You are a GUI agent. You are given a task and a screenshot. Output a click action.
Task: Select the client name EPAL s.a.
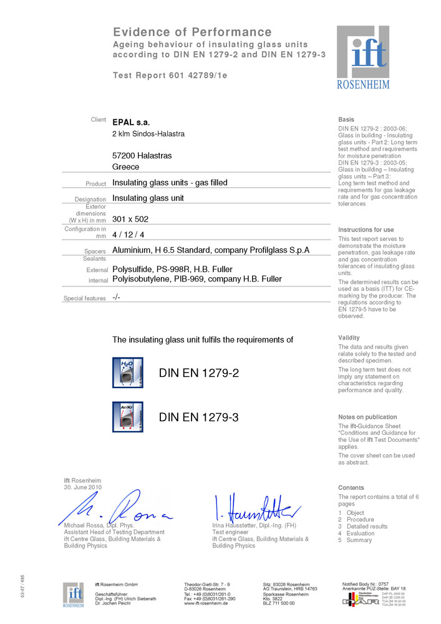[131, 122]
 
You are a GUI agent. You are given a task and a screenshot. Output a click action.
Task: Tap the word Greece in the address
[125, 167]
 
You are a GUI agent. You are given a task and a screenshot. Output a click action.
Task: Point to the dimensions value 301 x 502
[130, 219]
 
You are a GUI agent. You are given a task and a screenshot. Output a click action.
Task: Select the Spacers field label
[95, 251]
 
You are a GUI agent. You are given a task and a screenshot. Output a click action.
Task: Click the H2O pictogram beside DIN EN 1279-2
[127, 373]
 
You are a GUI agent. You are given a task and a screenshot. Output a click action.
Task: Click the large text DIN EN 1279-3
[199, 417]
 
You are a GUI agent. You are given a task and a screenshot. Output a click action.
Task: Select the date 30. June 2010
[83, 487]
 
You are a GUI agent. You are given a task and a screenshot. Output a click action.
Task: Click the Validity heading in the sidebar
[349, 338]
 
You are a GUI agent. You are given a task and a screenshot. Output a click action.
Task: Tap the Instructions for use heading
[366, 230]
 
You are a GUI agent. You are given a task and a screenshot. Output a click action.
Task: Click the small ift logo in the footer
[74, 594]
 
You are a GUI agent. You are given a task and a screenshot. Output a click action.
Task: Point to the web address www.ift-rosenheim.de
[205, 603]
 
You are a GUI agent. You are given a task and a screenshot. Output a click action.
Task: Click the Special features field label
[85, 299]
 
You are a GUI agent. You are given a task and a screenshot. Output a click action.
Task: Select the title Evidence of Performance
[192, 32]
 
